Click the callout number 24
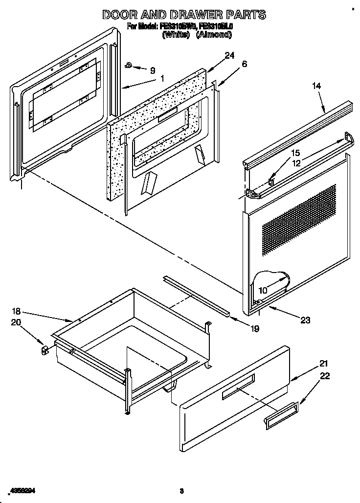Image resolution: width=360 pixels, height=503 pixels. point(230,55)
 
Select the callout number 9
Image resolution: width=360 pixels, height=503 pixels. point(152,70)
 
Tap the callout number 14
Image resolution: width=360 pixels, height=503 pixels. point(316,86)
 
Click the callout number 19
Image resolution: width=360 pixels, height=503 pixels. point(254,329)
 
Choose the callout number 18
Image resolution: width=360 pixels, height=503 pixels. point(16,311)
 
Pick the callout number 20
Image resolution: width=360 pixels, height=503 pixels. point(16,322)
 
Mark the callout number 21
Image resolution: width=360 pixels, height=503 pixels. point(310,364)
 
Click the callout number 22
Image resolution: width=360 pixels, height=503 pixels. point(311,376)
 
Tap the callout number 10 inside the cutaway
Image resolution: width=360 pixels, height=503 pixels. point(263,290)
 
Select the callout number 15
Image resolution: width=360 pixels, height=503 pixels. point(295,154)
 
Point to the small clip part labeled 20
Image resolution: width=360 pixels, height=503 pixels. point(45,350)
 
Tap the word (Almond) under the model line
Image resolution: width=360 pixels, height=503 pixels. point(214,35)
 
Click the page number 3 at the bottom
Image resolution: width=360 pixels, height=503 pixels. point(181,490)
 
